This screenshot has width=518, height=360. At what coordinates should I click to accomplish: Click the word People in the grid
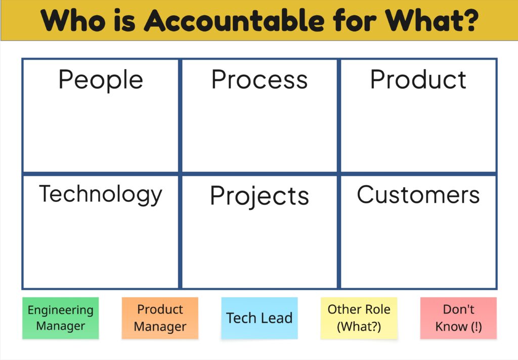point(101,80)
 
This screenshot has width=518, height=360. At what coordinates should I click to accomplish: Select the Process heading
point(260,79)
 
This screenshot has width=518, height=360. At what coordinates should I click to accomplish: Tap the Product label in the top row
point(418,79)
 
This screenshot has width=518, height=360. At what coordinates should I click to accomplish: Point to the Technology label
point(101,195)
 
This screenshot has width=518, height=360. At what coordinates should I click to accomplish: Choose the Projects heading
point(260,196)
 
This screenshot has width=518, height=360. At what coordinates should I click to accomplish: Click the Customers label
point(418,195)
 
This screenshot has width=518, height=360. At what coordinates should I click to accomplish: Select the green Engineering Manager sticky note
point(61,318)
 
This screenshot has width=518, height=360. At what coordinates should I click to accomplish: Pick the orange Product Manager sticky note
point(160,318)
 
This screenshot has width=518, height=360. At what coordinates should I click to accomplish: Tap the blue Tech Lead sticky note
point(260,318)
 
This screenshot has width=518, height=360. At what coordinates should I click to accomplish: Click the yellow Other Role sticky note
point(359,318)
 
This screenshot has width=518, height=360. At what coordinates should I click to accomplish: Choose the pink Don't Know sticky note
point(458,318)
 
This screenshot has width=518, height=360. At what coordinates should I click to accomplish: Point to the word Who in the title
point(73,20)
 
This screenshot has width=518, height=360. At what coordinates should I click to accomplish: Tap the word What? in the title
point(432,20)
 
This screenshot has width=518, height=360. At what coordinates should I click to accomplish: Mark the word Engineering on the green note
point(61,310)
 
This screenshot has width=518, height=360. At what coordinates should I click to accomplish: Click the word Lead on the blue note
point(276,318)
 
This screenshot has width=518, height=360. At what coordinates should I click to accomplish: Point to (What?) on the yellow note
point(359,327)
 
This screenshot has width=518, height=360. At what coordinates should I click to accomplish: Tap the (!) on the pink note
point(476,327)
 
